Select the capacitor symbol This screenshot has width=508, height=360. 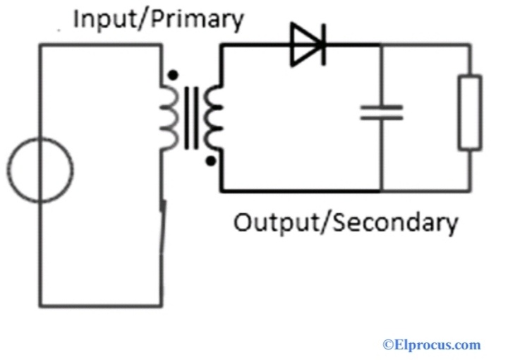(382, 112)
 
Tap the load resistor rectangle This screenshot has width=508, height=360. (470, 113)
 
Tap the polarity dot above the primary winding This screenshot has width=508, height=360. (172, 73)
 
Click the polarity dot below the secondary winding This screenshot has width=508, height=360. (210, 161)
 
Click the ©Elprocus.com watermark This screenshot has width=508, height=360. (431, 345)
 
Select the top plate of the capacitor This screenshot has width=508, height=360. (382, 107)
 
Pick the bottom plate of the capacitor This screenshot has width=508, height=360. (382, 118)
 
